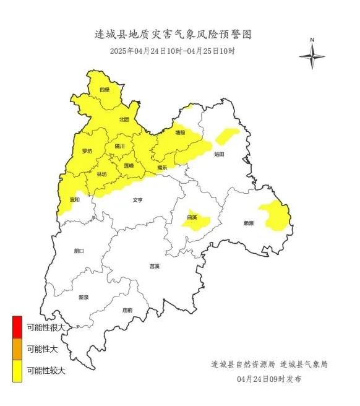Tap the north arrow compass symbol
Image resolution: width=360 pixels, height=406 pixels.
pos(312,55)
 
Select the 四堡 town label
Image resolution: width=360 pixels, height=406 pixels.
pos(105,90)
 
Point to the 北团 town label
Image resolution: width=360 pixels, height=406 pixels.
pos(124,119)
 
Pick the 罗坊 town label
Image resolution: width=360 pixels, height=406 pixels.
pos(87,151)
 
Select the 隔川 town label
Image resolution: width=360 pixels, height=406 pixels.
pos(120,147)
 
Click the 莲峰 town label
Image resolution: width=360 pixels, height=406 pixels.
pos(129,166)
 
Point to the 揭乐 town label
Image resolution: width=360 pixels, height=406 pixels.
pos(162,167)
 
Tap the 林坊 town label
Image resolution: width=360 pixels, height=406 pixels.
pos(101,175)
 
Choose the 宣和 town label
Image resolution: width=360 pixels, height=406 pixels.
pos(74,199)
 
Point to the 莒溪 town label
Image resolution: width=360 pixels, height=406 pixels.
pos(155,266)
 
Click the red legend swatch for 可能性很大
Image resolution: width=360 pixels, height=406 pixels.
pos(17,327)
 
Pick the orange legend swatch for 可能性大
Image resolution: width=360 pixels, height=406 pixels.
pos(17,350)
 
